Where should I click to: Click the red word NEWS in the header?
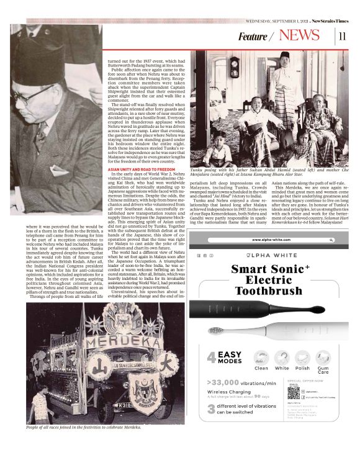pyautogui.click(x=299, y=35)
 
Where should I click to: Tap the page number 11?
pyautogui.click(x=342, y=36)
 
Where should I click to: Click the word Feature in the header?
pyautogui.click(x=253, y=37)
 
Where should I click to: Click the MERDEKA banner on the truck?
pyautogui.click(x=114, y=341)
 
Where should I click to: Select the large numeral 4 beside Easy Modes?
pyautogui.click(x=211, y=358)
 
